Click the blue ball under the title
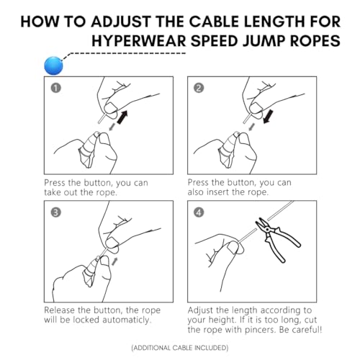(x=53, y=66)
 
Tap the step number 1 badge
(x=55, y=88)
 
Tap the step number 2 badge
(x=199, y=88)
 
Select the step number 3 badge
(x=55, y=212)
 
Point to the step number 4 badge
(x=199, y=212)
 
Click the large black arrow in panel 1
(x=122, y=117)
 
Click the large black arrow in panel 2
(x=268, y=117)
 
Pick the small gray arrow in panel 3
(x=114, y=261)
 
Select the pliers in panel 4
(x=277, y=240)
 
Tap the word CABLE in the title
(x=215, y=22)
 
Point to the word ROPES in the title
(x=315, y=40)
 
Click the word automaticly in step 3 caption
(x=127, y=320)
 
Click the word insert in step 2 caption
(x=218, y=192)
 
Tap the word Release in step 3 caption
(x=60, y=310)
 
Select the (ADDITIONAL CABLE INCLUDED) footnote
(x=180, y=348)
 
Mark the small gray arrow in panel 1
(x=112, y=127)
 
